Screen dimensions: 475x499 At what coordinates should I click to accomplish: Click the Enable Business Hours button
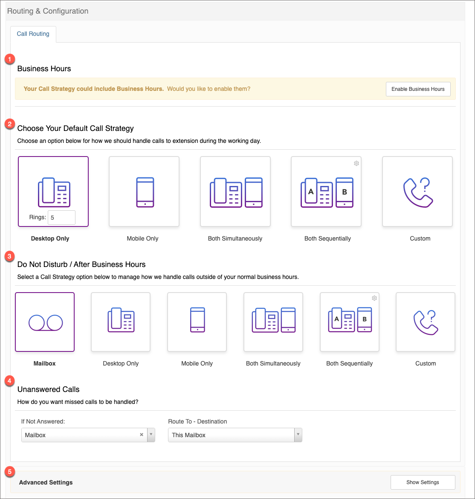[x=418, y=89]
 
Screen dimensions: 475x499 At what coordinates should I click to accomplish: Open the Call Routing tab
[x=33, y=34]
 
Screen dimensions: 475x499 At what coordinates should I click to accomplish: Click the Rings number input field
[x=61, y=218]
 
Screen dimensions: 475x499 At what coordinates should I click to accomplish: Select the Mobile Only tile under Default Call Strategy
[x=144, y=191]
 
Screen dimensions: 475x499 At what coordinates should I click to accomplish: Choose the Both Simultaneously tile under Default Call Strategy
[x=235, y=191]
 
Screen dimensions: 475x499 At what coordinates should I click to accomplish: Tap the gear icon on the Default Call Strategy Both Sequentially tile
[x=356, y=163]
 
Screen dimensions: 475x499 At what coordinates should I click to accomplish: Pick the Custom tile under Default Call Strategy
[x=417, y=191]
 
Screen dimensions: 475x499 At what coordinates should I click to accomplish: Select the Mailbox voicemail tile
[x=45, y=322]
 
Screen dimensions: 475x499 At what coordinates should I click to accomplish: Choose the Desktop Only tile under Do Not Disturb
[x=121, y=322]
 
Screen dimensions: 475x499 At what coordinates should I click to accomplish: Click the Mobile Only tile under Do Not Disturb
[x=197, y=322]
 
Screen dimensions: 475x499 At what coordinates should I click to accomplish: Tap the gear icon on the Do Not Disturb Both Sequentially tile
[x=374, y=298]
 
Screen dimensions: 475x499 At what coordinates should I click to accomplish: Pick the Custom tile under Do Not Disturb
[x=426, y=322]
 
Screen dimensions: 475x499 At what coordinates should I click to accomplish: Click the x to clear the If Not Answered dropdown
[x=142, y=435]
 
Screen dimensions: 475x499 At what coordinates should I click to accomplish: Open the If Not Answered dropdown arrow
[x=151, y=435]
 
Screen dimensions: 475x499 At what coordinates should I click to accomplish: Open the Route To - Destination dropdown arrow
[x=298, y=435]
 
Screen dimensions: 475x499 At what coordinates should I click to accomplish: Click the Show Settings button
[x=423, y=482]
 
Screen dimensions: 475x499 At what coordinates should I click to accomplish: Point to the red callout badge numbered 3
[x=9, y=256]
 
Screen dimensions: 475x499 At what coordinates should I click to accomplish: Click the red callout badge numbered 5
[x=9, y=471]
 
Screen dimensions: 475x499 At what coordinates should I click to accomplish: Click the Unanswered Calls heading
[x=48, y=389]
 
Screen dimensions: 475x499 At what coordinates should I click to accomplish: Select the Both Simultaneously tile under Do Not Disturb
[x=273, y=322]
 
